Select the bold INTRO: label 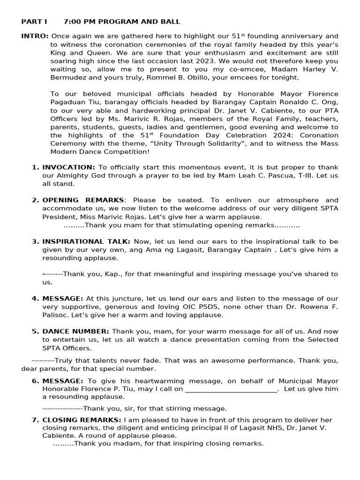coord(35,36)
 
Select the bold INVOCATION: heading coord(68,167)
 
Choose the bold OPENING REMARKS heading coord(83,200)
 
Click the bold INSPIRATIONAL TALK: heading coord(86,241)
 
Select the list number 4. coord(35,299)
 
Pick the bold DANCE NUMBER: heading coord(75,331)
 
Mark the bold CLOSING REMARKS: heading coord(82,420)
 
